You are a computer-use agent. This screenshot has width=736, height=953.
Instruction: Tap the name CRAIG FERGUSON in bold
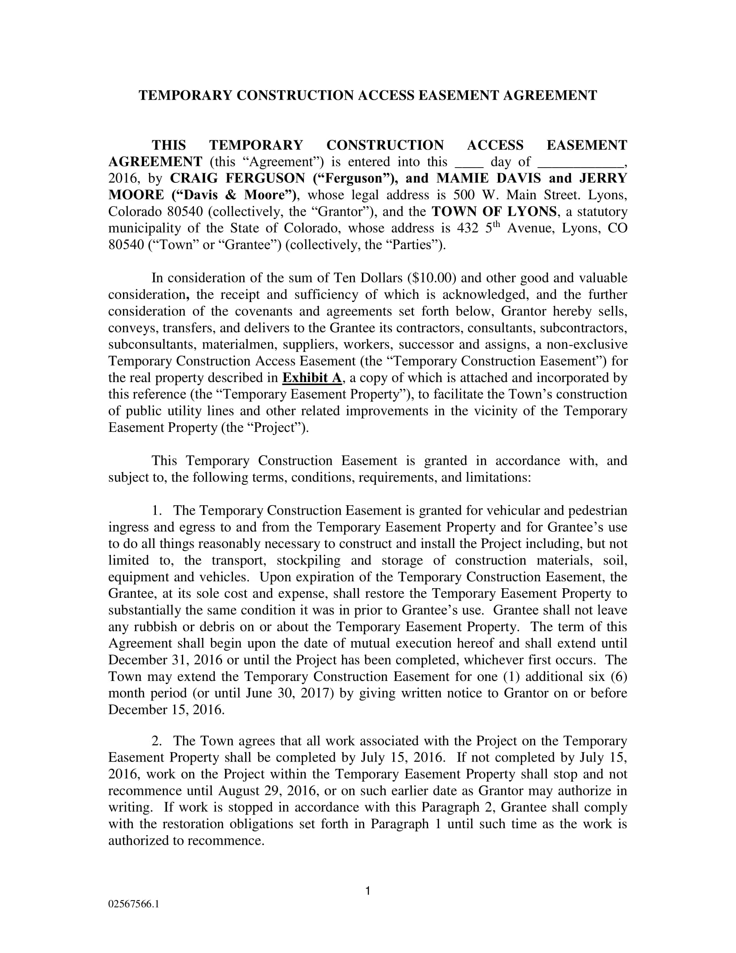(x=238, y=178)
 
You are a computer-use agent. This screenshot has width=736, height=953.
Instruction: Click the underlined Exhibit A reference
(x=312, y=378)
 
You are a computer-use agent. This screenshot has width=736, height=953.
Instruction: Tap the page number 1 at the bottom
(x=368, y=891)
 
